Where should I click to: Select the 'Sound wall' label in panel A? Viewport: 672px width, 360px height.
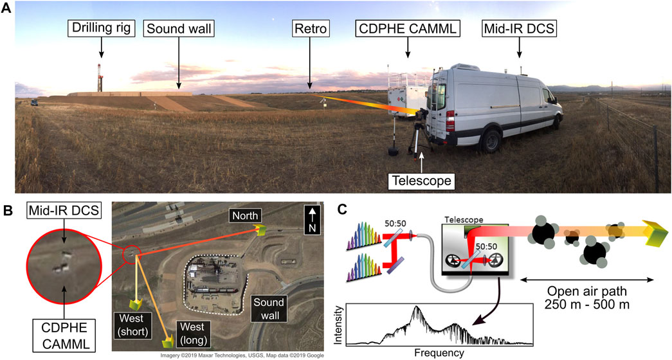pos(179,29)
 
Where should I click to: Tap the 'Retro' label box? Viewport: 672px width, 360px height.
pos(310,29)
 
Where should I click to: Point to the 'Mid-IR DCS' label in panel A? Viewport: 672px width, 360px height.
pos(520,29)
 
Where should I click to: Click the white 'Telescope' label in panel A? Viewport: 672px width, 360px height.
pos(421,182)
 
